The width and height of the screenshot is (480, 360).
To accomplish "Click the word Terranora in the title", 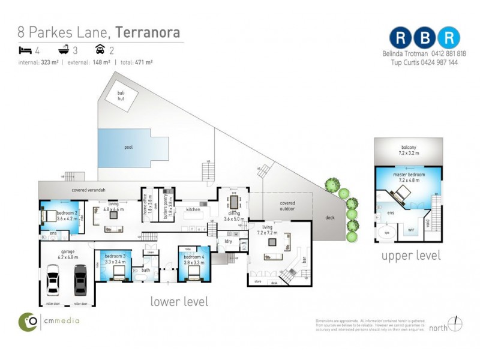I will pos(148,32).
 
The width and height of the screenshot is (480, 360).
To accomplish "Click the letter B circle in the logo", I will pos(426,37).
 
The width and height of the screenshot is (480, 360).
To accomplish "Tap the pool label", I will pos(128,147).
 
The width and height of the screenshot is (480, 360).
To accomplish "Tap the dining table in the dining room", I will pos(232,200).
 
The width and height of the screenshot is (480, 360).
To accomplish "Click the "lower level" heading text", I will pos(179,301).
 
